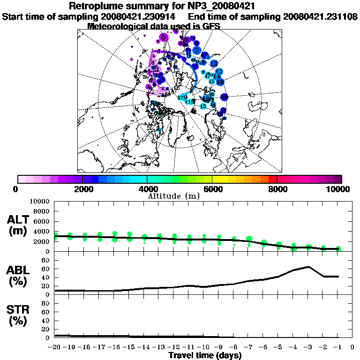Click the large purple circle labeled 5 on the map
coord(164,37)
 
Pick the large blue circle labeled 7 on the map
coord(197,50)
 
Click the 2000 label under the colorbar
coord(82,189)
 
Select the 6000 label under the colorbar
coord(212,189)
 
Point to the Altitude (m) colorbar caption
coord(173,196)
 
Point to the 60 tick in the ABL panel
coord(46,269)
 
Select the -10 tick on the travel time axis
coord(204,348)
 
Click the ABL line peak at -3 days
coord(308,267)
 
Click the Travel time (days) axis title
coord(205,356)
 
